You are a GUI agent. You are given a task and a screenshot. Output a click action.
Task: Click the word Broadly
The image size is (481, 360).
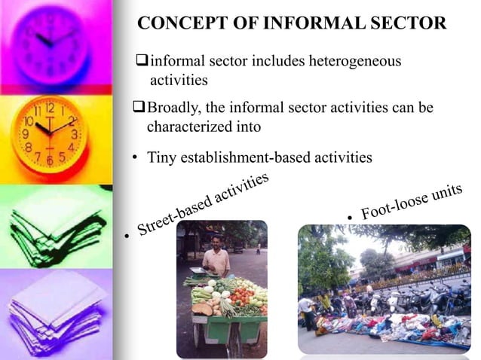coord(174,108)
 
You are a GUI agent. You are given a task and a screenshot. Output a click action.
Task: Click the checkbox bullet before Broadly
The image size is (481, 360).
coord(139,108)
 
